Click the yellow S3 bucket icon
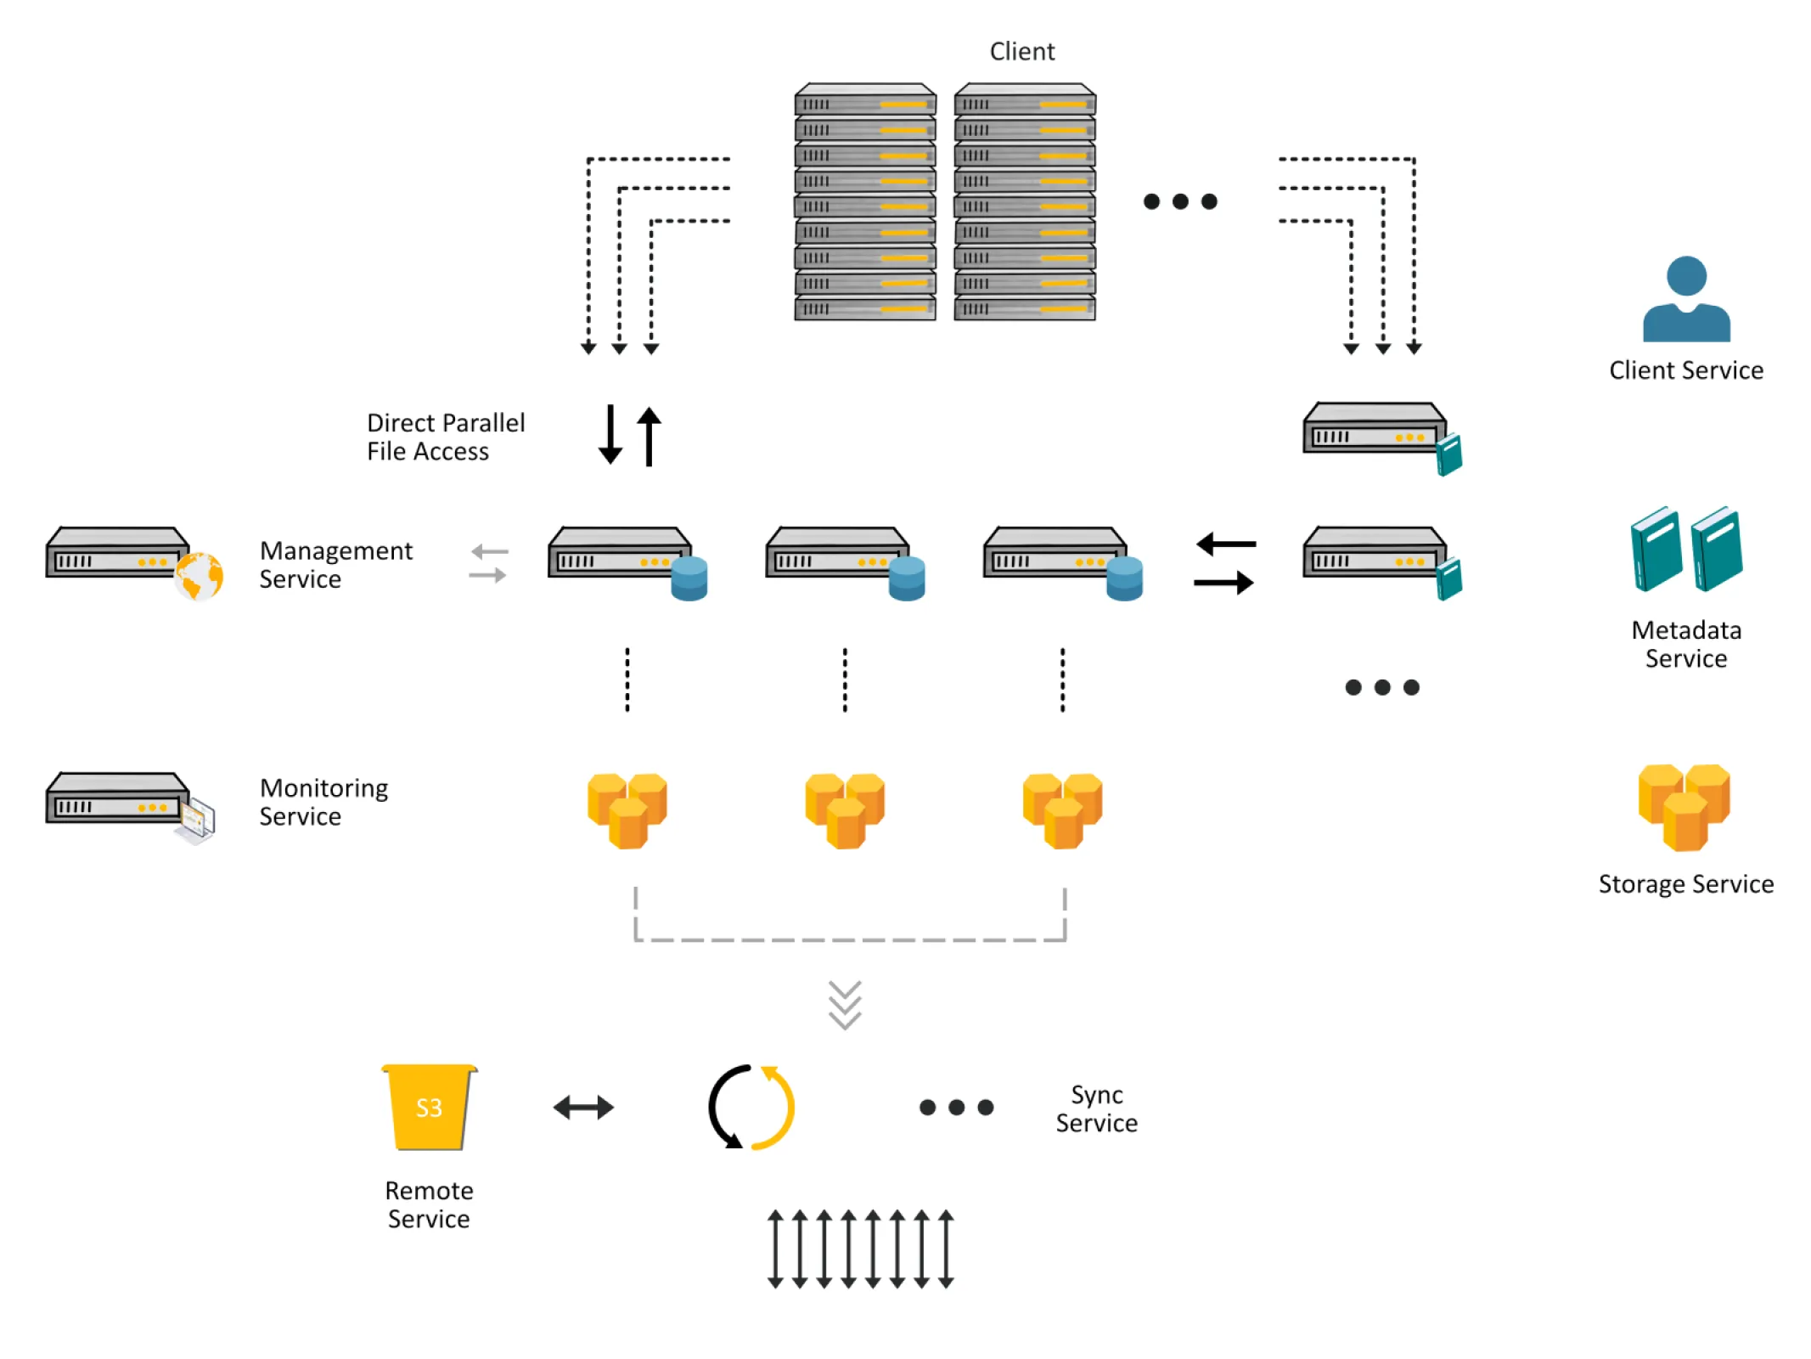coord(429,1107)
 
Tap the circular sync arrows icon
coord(751,1106)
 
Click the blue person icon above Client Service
coord(1685,299)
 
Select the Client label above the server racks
coord(1021,52)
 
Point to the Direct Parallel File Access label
coord(445,437)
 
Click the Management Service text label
coord(335,565)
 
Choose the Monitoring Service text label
coord(323,802)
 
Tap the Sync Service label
coord(1096,1108)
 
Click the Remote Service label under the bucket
coord(429,1204)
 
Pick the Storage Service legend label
coord(1685,884)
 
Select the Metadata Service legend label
coord(1685,644)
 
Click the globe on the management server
coord(199,576)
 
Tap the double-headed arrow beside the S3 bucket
coord(583,1107)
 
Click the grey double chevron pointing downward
coord(845,1005)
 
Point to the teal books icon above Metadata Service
coord(1685,549)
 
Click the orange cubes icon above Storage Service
coord(1684,807)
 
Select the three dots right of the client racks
coord(1180,201)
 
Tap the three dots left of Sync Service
coord(956,1107)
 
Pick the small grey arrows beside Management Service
coord(489,564)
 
